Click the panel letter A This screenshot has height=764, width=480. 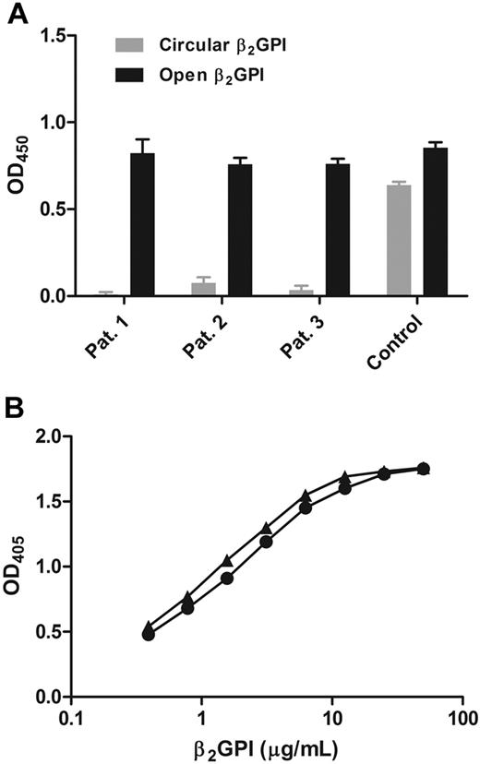click(17, 14)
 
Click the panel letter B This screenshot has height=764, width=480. click(17, 410)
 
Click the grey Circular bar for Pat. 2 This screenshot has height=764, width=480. click(203, 289)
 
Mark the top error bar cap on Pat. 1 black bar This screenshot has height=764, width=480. click(142, 139)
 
